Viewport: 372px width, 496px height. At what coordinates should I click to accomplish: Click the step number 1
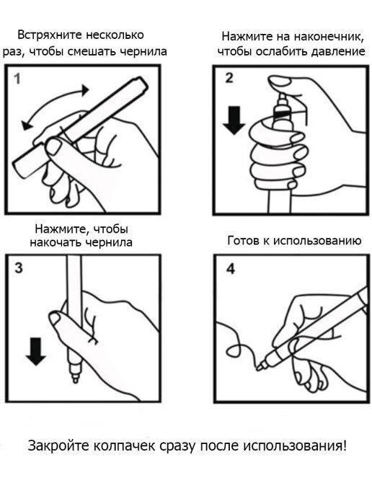(x=17, y=79)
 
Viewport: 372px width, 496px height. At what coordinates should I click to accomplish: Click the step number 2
(x=229, y=78)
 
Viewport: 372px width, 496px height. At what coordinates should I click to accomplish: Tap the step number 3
(x=19, y=268)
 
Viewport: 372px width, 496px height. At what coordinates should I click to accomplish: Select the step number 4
(x=231, y=269)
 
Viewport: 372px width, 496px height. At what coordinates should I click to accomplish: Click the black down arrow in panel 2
(x=234, y=120)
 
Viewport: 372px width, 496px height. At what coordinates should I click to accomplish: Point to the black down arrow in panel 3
(x=36, y=351)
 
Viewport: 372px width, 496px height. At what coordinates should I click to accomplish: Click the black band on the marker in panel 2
(x=282, y=114)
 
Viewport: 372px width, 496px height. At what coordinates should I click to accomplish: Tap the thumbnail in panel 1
(x=54, y=146)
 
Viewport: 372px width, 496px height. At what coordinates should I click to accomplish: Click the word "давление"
(x=338, y=51)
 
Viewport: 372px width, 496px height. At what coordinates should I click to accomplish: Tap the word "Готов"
(x=243, y=241)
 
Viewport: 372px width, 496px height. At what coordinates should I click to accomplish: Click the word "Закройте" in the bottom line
(x=58, y=446)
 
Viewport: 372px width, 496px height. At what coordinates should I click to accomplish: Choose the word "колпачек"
(x=124, y=446)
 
